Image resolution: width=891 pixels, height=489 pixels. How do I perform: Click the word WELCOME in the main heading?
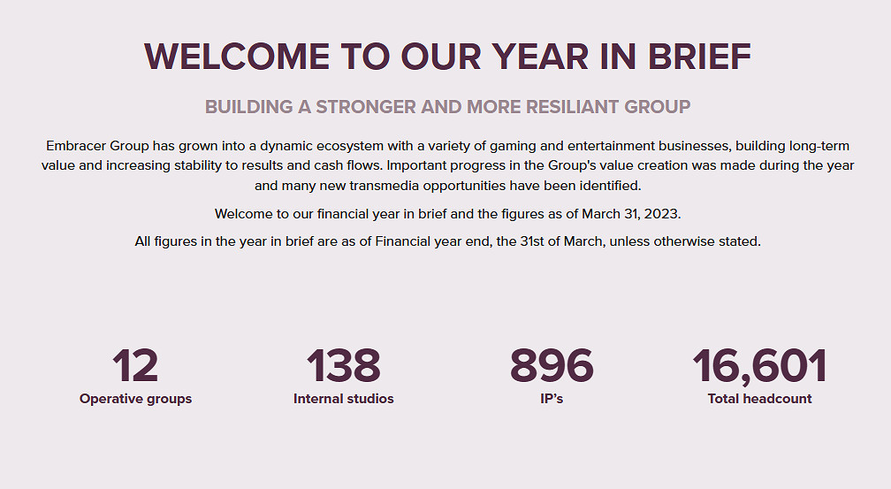point(237,57)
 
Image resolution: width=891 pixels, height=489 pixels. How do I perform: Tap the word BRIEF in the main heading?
point(699,57)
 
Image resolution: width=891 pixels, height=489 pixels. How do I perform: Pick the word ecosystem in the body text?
point(350,147)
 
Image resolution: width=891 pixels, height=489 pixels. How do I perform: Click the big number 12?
point(135,366)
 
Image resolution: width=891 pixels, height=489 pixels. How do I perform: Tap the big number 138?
point(343,366)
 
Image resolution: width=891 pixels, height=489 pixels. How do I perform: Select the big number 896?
point(552,366)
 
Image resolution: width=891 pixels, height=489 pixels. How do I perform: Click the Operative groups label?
point(136,399)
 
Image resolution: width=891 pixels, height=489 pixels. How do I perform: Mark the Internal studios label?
point(344,399)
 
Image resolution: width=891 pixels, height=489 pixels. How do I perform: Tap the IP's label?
point(552,399)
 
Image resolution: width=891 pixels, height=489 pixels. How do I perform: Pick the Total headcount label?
point(760,399)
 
